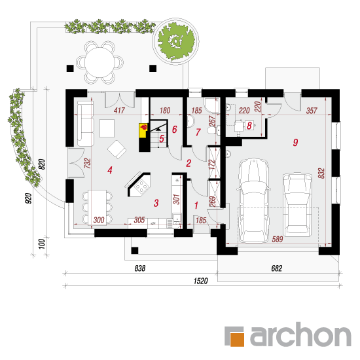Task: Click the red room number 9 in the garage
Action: (295, 142)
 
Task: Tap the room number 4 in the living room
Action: (110, 170)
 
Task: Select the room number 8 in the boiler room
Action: (249, 126)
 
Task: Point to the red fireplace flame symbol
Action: (144, 126)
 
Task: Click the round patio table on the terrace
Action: (99, 62)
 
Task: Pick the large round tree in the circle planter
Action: (176, 41)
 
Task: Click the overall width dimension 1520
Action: (200, 281)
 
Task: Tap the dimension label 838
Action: (140, 268)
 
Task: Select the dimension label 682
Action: (276, 268)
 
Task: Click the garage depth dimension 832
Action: (321, 173)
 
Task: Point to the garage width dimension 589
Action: (277, 239)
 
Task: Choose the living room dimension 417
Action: (119, 111)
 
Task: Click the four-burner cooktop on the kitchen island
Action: (141, 186)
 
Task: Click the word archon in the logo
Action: (300, 334)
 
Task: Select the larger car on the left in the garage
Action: (253, 200)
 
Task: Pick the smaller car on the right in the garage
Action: (297, 204)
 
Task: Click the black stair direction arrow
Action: (158, 129)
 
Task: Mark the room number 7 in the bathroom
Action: (198, 132)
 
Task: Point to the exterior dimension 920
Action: (28, 198)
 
